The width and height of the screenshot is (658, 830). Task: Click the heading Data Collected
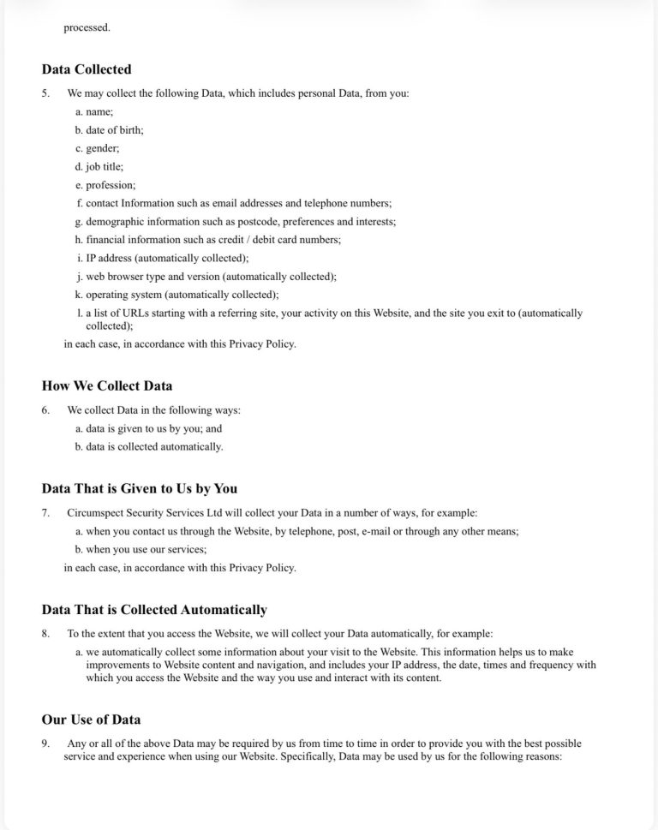click(87, 69)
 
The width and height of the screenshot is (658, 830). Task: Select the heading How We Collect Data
click(107, 385)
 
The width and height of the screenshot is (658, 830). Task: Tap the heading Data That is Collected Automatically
click(154, 610)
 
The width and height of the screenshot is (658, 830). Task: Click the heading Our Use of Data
click(91, 720)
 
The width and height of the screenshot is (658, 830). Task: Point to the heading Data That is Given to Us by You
click(140, 488)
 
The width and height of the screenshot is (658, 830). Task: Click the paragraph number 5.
click(45, 93)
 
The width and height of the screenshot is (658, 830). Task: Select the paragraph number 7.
click(45, 513)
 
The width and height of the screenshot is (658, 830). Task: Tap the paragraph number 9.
click(45, 744)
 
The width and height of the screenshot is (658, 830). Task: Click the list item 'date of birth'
click(114, 130)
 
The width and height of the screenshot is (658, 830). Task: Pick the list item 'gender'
click(102, 148)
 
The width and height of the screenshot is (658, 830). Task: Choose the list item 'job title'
click(105, 167)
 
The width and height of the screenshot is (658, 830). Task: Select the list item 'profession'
click(111, 185)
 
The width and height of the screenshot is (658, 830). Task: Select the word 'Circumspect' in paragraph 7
click(97, 513)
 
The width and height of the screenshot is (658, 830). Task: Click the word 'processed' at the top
click(87, 27)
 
